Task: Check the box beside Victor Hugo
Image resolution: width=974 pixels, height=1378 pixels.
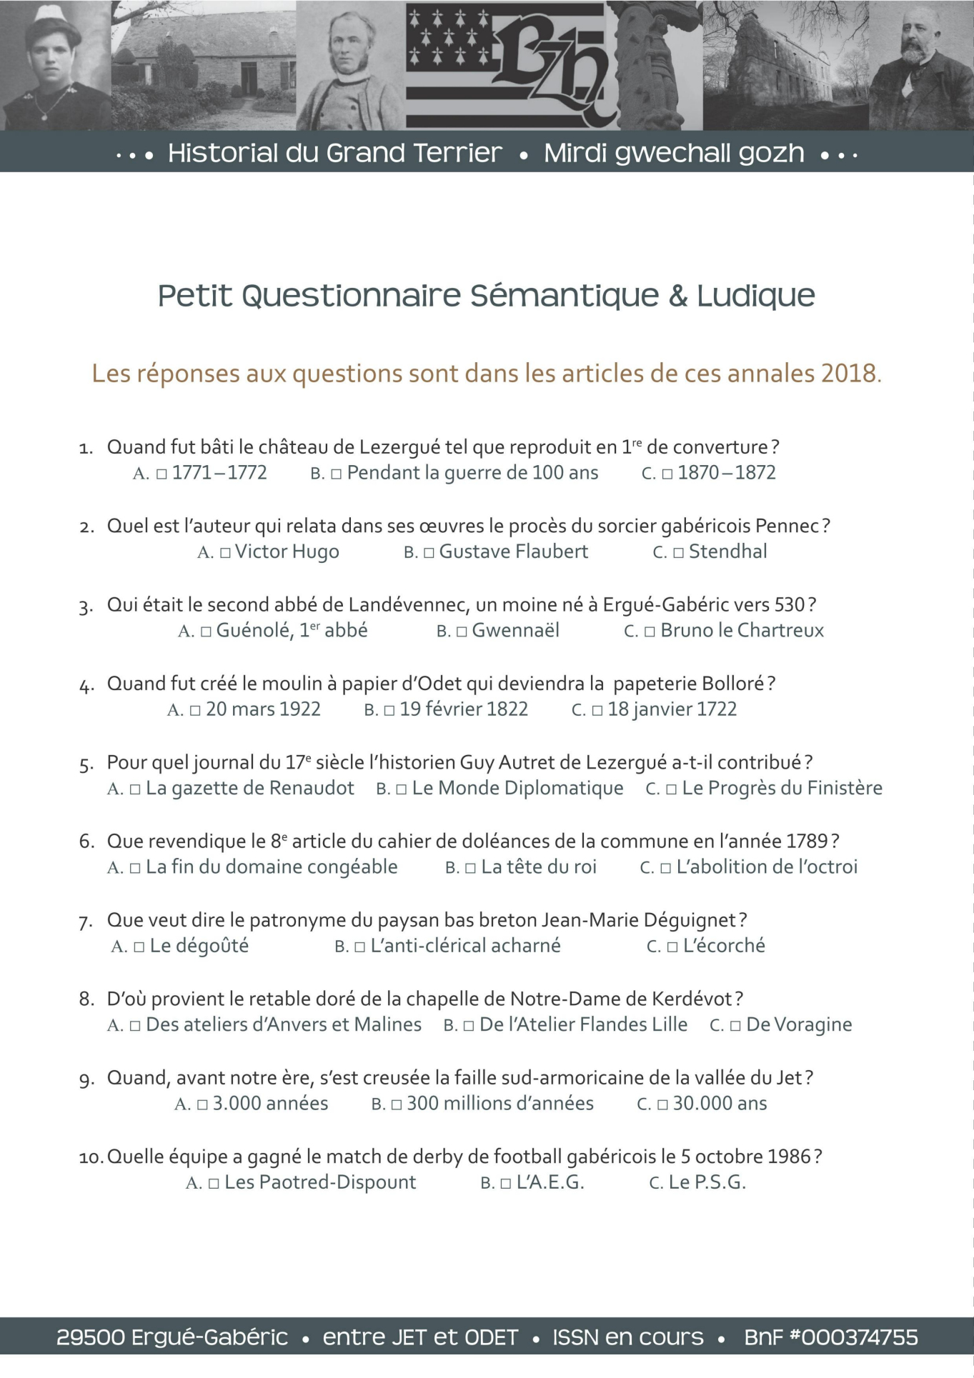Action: pos(226,553)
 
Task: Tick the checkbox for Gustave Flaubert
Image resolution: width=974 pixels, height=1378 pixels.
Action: pos(429,553)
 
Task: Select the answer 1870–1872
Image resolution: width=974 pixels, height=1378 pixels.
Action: pos(726,473)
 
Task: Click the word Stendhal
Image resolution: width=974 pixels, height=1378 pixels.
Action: pos(727,551)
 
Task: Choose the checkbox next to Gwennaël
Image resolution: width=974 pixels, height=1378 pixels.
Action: pos(462,631)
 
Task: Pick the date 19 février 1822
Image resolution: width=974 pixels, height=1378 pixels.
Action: pos(463,709)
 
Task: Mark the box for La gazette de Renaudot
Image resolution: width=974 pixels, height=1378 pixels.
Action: pos(135,789)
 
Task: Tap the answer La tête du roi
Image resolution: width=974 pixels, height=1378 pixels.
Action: pos(538,867)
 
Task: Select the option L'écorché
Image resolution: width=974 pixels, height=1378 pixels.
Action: pos(723,946)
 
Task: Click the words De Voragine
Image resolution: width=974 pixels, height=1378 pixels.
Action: pos(799,1025)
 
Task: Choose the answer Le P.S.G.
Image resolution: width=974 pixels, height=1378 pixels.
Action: pos(707,1183)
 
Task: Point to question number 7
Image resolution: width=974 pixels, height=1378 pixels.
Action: pos(86,922)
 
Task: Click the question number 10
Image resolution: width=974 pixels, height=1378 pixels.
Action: pos(91,1158)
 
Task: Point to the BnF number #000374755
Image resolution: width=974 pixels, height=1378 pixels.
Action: pos(830,1337)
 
